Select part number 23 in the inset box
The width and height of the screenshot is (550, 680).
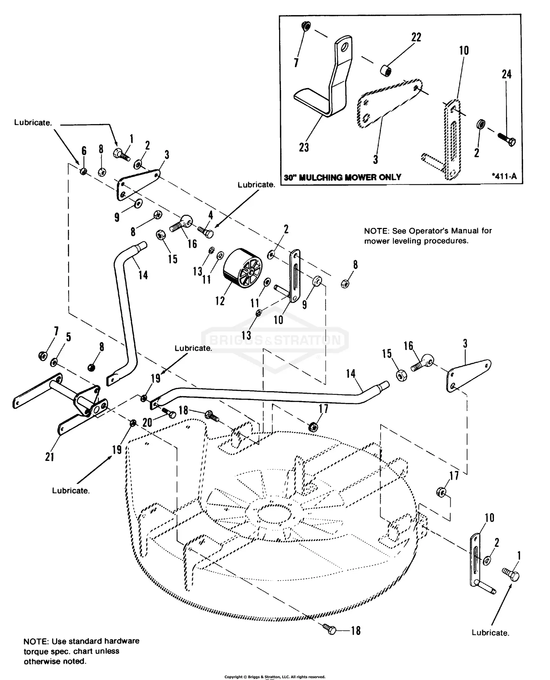(304, 148)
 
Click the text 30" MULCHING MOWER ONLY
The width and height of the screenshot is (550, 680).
(342, 178)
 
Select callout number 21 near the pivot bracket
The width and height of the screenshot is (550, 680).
(49, 457)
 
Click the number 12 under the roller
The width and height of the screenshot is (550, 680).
(220, 301)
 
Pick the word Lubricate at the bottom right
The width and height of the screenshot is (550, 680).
(490, 633)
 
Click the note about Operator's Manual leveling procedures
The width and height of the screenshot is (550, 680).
(428, 236)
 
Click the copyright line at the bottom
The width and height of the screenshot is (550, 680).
(275, 677)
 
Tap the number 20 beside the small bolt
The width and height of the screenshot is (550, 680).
(147, 423)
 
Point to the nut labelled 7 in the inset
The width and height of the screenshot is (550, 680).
(305, 26)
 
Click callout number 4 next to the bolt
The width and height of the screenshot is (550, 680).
(210, 215)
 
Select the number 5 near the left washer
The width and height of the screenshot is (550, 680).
(68, 337)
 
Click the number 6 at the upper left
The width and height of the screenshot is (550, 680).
(84, 151)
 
